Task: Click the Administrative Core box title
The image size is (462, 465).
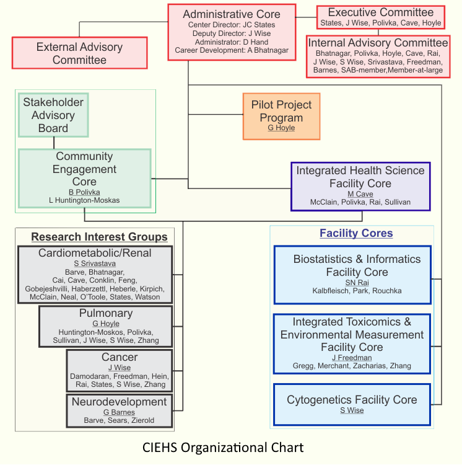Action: [x=232, y=14]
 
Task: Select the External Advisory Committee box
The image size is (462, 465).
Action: [x=79, y=53]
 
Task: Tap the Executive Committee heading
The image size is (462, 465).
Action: [x=380, y=12]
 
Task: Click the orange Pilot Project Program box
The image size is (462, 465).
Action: [x=282, y=116]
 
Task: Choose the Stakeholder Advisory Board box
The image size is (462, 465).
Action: [x=53, y=115]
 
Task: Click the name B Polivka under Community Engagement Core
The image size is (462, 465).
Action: [x=84, y=192]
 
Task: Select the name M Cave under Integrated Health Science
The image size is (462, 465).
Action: [x=360, y=194]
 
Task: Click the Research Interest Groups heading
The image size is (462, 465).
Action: [x=99, y=237]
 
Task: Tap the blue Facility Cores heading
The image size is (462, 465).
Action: [x=356, y=233]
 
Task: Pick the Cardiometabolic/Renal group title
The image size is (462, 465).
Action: [x=95, y=253]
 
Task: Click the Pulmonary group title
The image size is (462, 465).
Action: [x=105, y=313]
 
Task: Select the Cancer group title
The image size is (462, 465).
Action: [x=120, y=357]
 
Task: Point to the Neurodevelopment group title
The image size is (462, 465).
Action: [x=120, y=402]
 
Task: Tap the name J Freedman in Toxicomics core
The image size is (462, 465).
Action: [x=352, y=358]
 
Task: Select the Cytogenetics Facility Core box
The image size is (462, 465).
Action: [x=352, y=404]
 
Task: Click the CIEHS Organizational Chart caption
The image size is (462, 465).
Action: [x=223, y=447]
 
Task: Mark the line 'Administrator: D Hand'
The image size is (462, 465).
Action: [x=232, y=42]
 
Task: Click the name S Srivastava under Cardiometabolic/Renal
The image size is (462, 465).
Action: [x=95, y=263]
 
